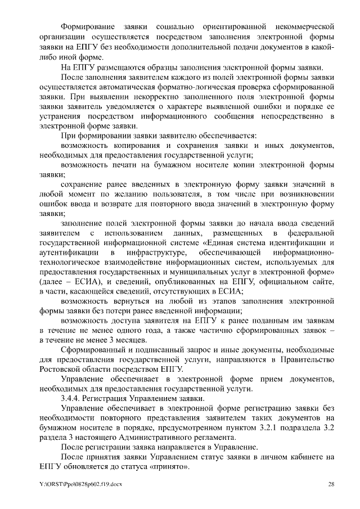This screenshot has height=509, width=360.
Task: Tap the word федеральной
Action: click(x=308, y=233)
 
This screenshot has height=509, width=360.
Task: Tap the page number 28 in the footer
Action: click(x=331, y=484)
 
